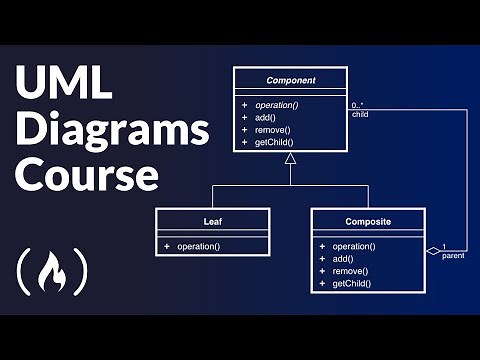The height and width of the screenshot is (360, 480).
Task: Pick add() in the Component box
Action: click(x=265, y=117)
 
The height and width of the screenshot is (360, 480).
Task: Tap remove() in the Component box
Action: click(x=272, y=130)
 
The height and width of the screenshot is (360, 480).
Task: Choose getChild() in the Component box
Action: click(x=274, y=142)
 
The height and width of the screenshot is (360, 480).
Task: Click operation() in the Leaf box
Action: click(x=199, y=246)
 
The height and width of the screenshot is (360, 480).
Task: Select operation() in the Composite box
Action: click(x=355, y=246)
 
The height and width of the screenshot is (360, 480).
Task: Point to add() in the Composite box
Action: click(x=343, y=258)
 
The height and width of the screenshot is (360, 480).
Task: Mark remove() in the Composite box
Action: click(x=350, y=271)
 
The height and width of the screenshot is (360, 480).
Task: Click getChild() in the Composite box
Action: click(x=353, y=284)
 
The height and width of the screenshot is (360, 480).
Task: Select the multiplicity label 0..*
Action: click(x=358, y=104)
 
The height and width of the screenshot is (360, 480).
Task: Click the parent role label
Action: click(x=452, y=256)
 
